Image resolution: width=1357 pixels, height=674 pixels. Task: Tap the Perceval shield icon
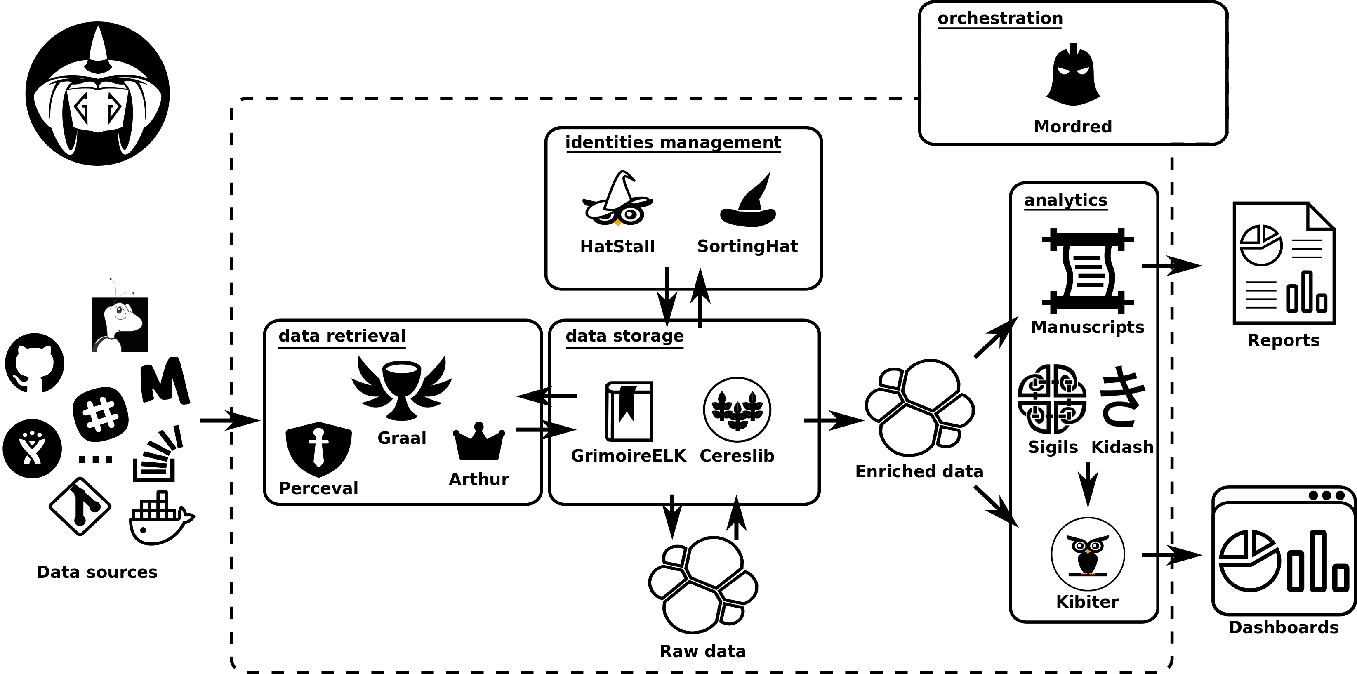pyautogui.click(x=318, y=448)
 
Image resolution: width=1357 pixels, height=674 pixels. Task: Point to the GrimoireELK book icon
pyautogui.click(x=629, y=411)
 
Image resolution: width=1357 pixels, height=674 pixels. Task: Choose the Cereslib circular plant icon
pyautogui.click(x=737, y=410)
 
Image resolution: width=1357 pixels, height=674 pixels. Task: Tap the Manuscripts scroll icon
pyautogui.click(x=1087, y=270)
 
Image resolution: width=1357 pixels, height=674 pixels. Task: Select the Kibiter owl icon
pyautogui.click(x=1088, y=554)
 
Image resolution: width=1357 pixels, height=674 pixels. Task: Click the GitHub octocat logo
pyautogui.click(x=35, y=363)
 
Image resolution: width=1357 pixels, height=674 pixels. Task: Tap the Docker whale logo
pyautogui.click(x=161, y=518)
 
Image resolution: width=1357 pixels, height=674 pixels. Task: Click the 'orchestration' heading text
pyautogui.click(x=1000, y=19)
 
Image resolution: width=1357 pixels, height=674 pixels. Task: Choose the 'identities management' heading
pyautogui.click(x=673, y=142)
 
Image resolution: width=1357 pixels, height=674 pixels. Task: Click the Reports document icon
pyautogui.click(x=1283, y=263)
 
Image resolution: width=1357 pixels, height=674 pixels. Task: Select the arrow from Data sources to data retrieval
pyautogui.click(x=230, y=420)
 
